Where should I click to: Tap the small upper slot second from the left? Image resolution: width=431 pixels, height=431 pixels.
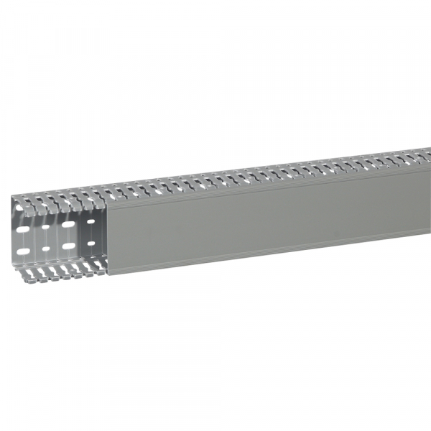[x=46, y=228]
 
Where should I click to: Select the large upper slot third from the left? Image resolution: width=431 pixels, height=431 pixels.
[x=68, y=225]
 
